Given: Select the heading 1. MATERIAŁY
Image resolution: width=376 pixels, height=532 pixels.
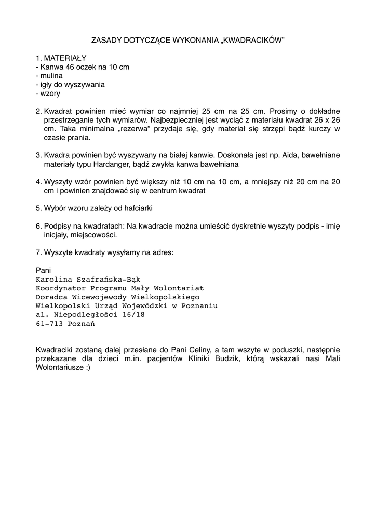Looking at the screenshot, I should pyautogui.click(x=61, y=58).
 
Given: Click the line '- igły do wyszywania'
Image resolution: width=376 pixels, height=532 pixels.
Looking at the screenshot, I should pyautogui.click(x=70, y=84).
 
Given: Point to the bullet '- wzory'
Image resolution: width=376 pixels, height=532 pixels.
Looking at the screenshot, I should pyautogui.click(x=48, y=94).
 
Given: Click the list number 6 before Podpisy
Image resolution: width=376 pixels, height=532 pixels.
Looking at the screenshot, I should pyautogui.click(x=38, y=226).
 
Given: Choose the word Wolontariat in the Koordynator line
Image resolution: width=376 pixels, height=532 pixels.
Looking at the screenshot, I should pyautogui.click(x=179, y=288).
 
